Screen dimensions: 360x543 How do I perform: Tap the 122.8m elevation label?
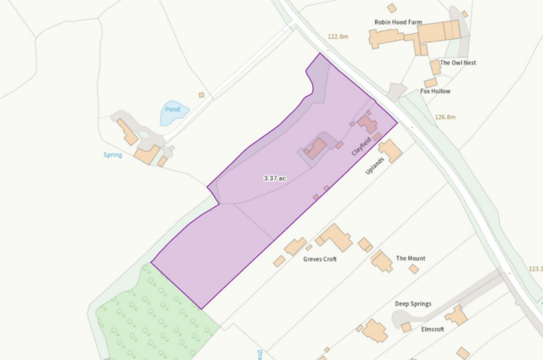point(339,37)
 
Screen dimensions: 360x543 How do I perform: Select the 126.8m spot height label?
point(445,118)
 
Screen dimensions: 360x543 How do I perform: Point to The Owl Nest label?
point(458,63)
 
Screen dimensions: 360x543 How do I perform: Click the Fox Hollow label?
point(435,91)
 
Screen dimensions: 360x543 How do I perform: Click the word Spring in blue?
point(113,155)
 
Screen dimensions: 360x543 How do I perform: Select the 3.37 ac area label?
point(275,178)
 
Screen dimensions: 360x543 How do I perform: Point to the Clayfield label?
point(359,146)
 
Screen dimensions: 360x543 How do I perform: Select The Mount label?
point(411,259)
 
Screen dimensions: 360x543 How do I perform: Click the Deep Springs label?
point(412,304)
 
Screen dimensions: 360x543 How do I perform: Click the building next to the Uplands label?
point(391,151)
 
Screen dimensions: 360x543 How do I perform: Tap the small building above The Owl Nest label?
point(435,66)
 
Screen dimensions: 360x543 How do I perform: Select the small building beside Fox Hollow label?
point(430,83)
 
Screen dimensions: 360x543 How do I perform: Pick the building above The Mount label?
point(382,262)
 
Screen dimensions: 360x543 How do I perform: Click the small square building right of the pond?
point(201,95)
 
